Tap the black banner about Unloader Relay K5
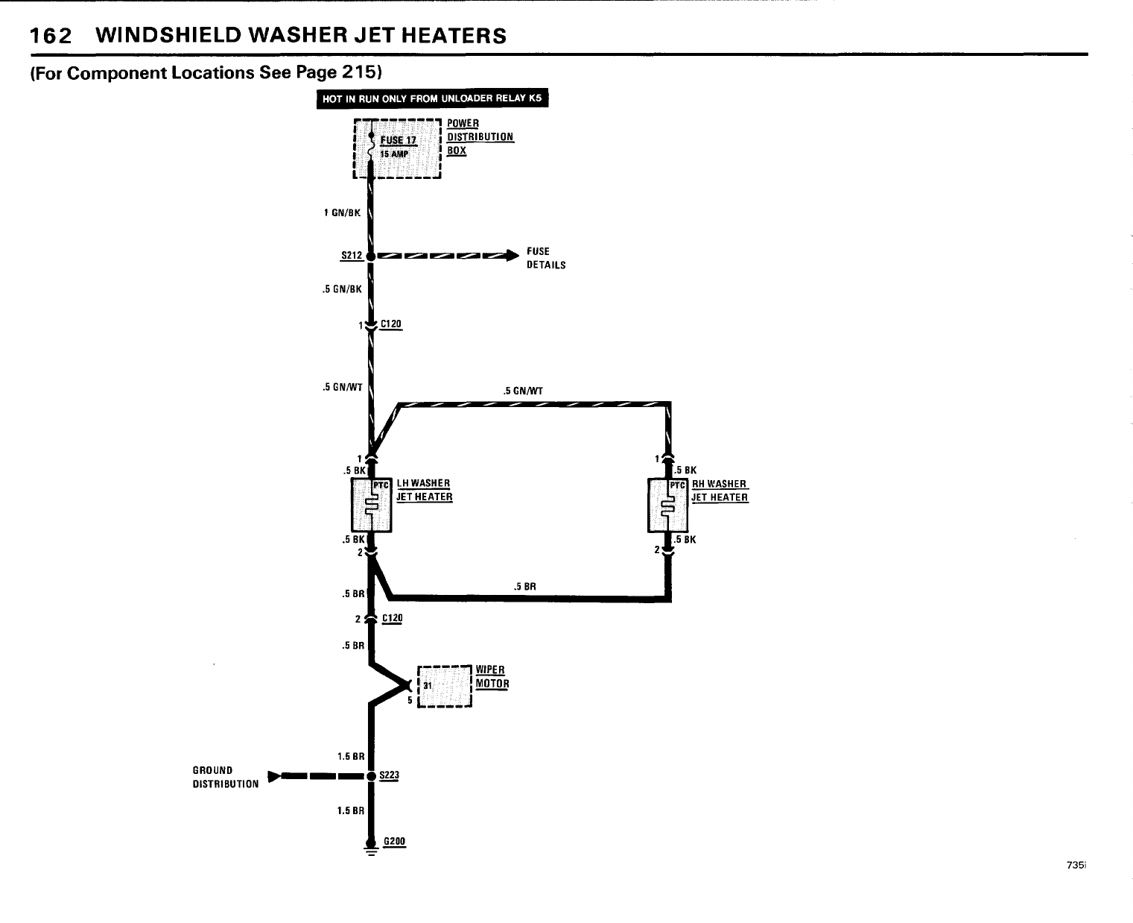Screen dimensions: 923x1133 432,99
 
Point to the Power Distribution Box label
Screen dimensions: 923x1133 480,136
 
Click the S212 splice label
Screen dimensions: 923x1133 351,256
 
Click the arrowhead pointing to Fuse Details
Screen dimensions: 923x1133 510,256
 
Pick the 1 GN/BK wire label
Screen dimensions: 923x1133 342,212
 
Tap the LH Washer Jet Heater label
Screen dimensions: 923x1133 424,490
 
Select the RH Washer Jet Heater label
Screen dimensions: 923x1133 720,491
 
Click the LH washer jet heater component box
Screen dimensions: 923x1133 370,505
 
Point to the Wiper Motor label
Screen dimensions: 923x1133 492,677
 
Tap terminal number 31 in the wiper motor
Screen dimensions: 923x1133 427,685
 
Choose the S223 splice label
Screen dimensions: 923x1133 390,775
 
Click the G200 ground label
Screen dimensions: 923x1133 394,842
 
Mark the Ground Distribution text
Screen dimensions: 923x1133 226,777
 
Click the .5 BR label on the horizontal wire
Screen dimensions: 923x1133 525,586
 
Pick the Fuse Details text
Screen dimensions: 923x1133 546,258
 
